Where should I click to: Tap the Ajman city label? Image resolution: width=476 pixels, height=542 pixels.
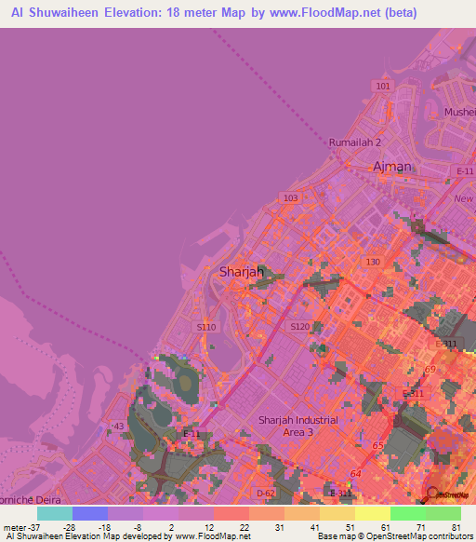(x=391, y=167)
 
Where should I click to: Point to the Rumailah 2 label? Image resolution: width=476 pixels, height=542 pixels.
(x=355, y=142)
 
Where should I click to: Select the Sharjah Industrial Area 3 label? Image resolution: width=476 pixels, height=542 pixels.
(x=298, y=426)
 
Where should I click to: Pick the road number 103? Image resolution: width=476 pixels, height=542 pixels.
(x=291, y=198)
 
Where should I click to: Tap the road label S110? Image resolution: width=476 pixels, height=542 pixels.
(x=206, y=327)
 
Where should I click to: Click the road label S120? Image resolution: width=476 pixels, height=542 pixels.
(x=299, y=327)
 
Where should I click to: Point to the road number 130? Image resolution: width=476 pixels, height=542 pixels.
(x=373, y=263)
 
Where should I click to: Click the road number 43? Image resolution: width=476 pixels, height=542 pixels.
(x=118, y=426)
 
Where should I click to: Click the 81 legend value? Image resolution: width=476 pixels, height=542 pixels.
(x=456, y=527)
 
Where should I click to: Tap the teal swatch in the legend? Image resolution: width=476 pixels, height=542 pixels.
(x=55, y=513)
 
